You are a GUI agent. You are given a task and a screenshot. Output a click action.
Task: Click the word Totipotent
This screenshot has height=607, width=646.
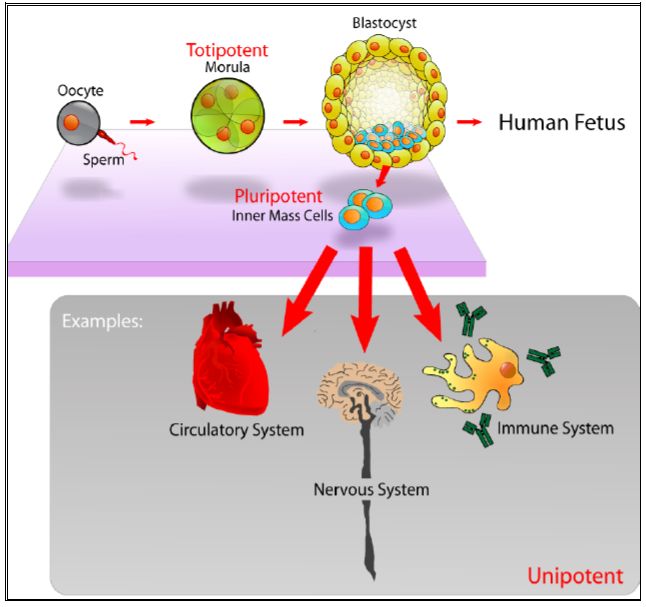[x=226, y=49]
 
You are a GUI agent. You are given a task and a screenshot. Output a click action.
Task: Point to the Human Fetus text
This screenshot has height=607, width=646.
[x=561, y=123]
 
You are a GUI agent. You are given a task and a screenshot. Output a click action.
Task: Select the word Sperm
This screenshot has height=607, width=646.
[x=104, y=159]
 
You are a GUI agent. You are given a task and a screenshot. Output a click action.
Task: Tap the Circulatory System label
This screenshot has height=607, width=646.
[x=237, y=430]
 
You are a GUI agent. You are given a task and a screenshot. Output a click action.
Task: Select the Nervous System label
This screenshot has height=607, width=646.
[x=371, y=490]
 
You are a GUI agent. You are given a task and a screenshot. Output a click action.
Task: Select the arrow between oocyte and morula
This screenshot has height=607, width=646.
[x=143, y=122]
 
